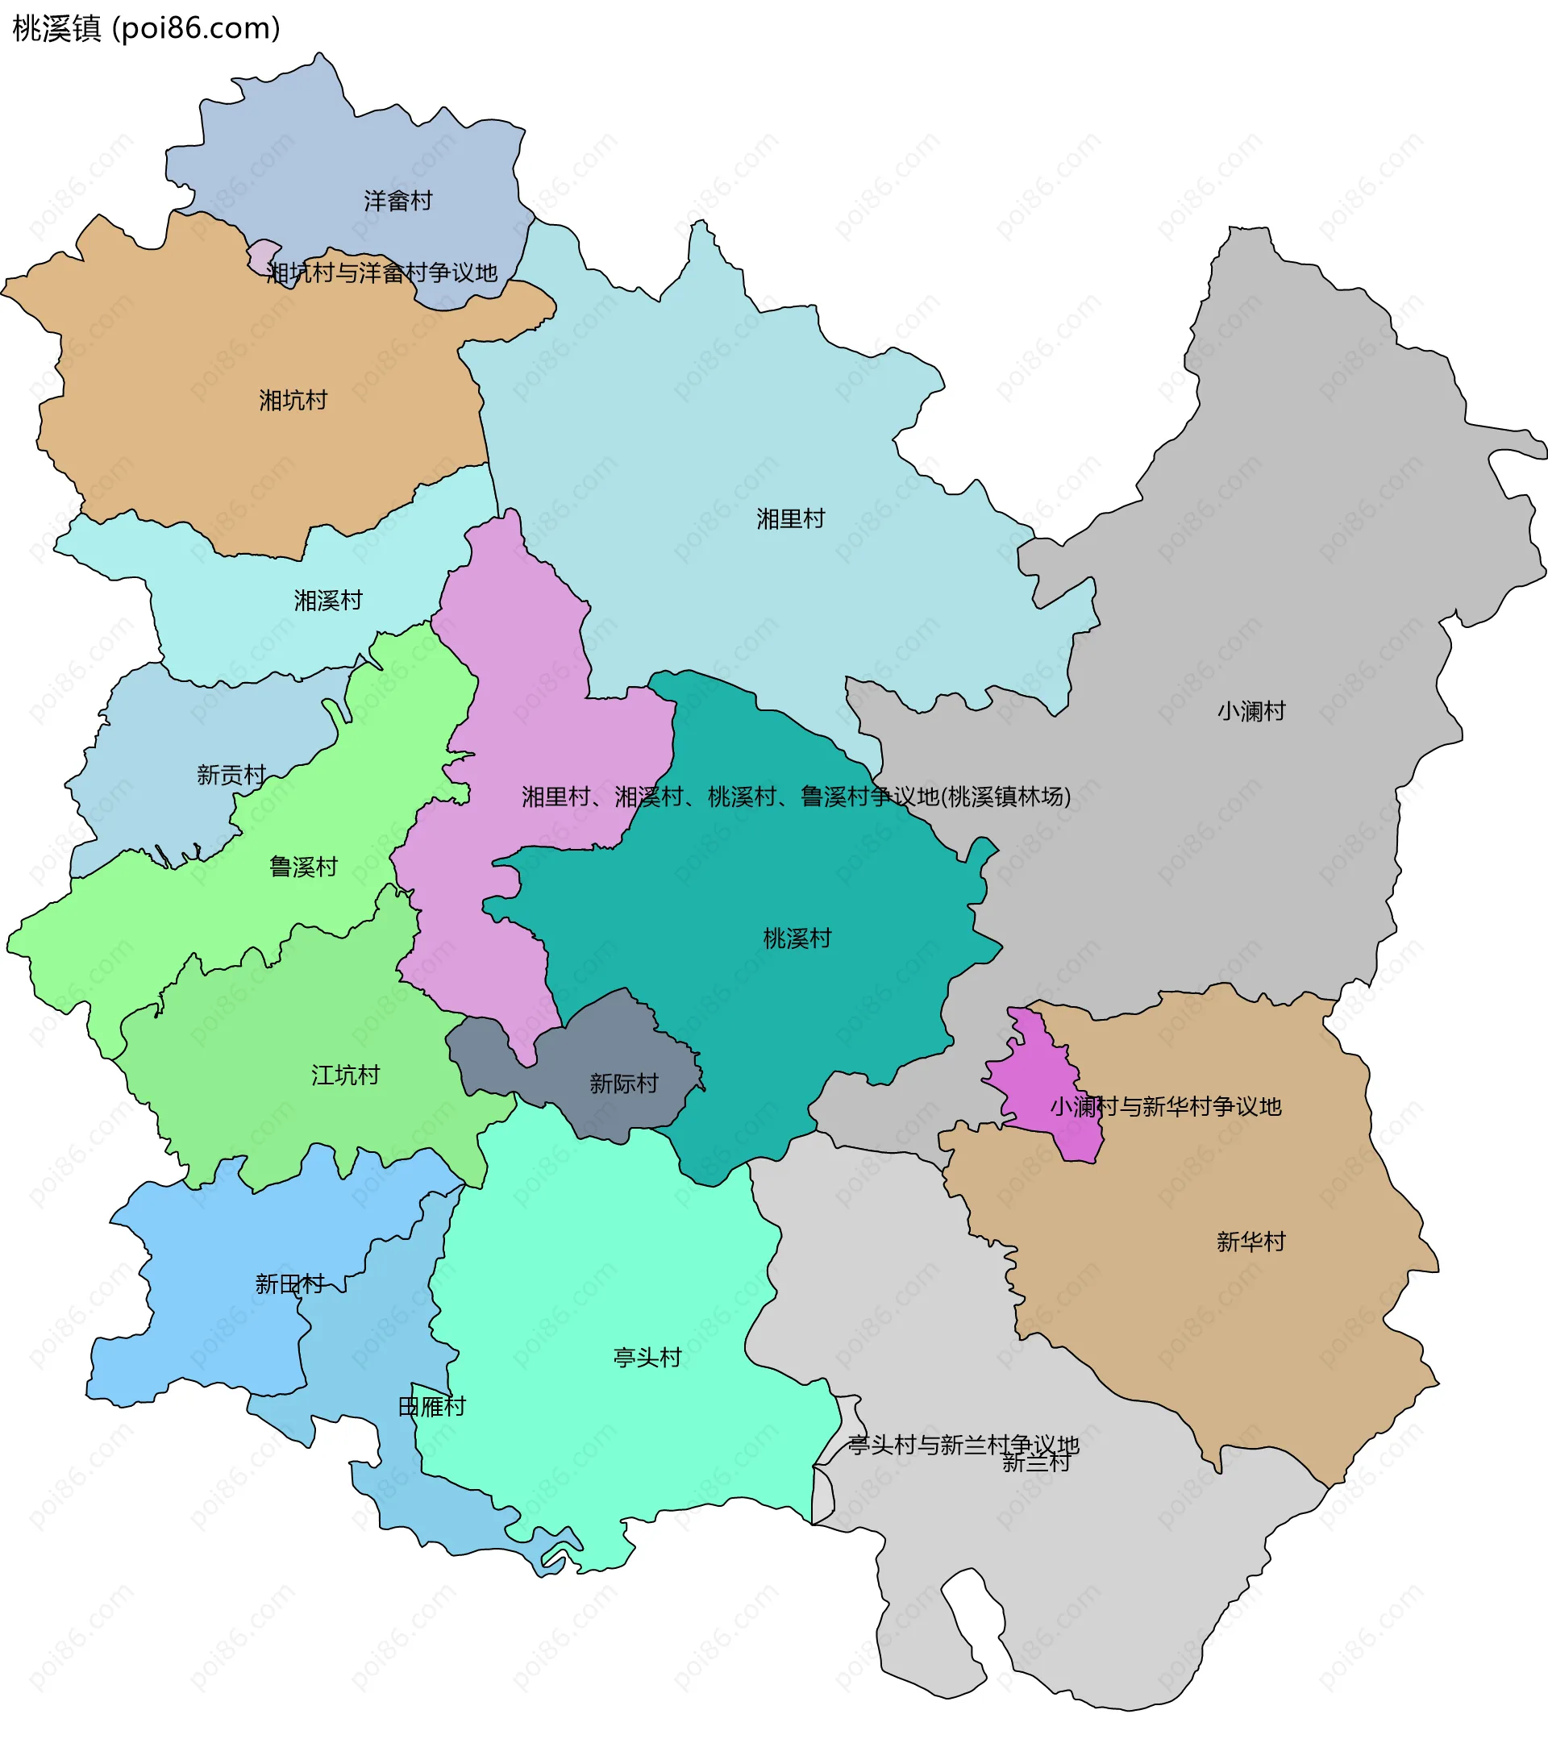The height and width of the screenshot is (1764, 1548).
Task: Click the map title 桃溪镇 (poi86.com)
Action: [x=147, y=28]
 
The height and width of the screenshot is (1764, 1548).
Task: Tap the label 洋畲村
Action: [x=397, y=201]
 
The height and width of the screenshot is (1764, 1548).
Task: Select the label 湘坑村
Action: [x=293, y=401]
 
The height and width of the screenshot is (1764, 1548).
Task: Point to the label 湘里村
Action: [x=790, y=518]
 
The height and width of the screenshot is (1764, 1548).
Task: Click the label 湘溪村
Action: [x=328, y=601]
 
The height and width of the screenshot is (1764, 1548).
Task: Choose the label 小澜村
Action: [x=1251, y=711]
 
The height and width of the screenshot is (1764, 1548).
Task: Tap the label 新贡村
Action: [x=231, y=775]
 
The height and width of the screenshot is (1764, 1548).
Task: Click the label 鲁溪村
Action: [x=303, y=867]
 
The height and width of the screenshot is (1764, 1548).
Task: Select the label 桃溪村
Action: [x=797, y=938]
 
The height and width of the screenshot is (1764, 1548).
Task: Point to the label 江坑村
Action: [x=345, y=1075]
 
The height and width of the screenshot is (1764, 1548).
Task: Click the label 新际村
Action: [x=624, y=1083]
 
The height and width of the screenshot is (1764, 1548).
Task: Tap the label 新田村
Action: [x=290, y=1284]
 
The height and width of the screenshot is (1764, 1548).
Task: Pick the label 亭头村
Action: [x=647, y=1358]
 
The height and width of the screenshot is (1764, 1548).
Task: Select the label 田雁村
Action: [x=431, y=1407]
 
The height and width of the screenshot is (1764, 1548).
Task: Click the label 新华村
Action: [x=1251, y=1242]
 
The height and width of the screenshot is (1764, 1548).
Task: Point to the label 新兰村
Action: [x=1035, y=1462]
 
